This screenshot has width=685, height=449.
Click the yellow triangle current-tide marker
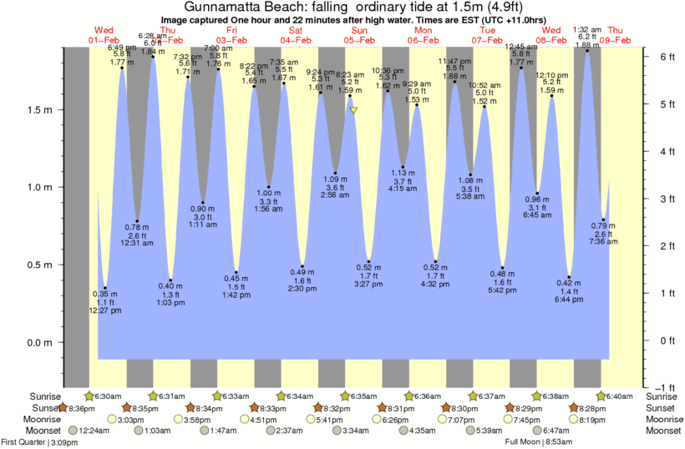click(x=354, y=110)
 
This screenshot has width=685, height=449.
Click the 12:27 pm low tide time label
click(x=105, y=310)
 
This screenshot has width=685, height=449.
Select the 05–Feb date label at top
click(x=360, y=40)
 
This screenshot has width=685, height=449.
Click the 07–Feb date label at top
click(x=487, y=40)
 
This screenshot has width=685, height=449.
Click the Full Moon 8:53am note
click(x=541, y=442)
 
